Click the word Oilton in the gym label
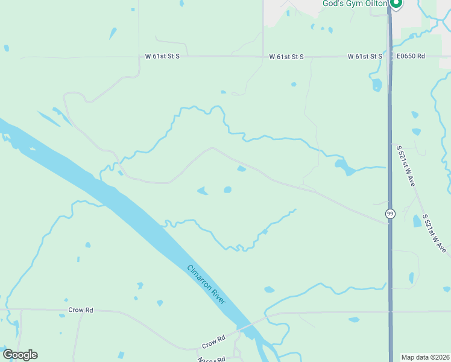coord(373,4)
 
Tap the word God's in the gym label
coord(333,4)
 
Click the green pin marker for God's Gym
coord(396,4)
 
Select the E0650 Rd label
coord(411,56)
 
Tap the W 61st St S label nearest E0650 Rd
coord(365,56)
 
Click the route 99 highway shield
coord(390,213)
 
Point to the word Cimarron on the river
coord(200,279)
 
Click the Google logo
coord(20,355)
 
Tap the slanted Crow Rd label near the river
coord(213,341)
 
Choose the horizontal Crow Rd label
coord(80,310)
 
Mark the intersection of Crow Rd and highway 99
coord(391,312)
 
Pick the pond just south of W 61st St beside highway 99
coord(377,86)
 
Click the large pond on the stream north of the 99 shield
coord(345,167)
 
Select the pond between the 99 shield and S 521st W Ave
coord(417,221)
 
